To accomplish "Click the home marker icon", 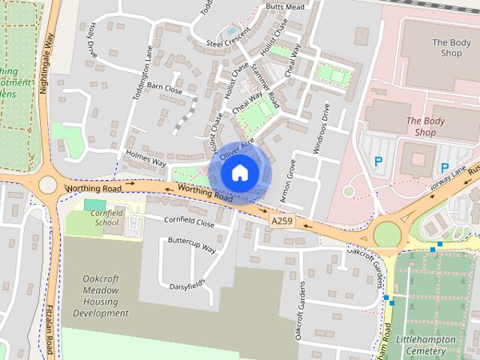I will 239,173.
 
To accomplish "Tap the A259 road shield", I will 282,221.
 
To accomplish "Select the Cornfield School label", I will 106,217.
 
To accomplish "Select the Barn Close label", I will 164,88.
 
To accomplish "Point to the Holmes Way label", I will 146,160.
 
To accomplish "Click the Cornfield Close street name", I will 190,222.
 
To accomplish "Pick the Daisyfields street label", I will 187,285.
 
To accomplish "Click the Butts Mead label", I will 285,7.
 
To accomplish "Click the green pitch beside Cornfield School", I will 94,205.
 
